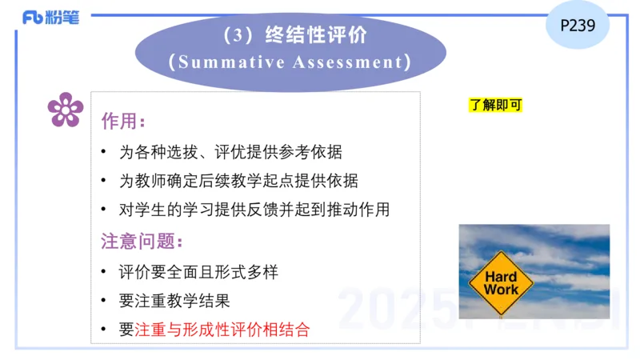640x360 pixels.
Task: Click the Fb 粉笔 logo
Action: (x=50, y=18)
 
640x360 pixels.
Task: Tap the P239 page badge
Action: (x=578, y=25)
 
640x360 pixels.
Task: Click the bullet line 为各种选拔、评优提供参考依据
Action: (x=230, y=152)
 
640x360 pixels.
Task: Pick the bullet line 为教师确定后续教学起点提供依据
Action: (x=238, y=181)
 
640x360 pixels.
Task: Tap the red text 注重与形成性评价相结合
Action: (x=222, y=329)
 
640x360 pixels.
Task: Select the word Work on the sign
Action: (x=502, y=290)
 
